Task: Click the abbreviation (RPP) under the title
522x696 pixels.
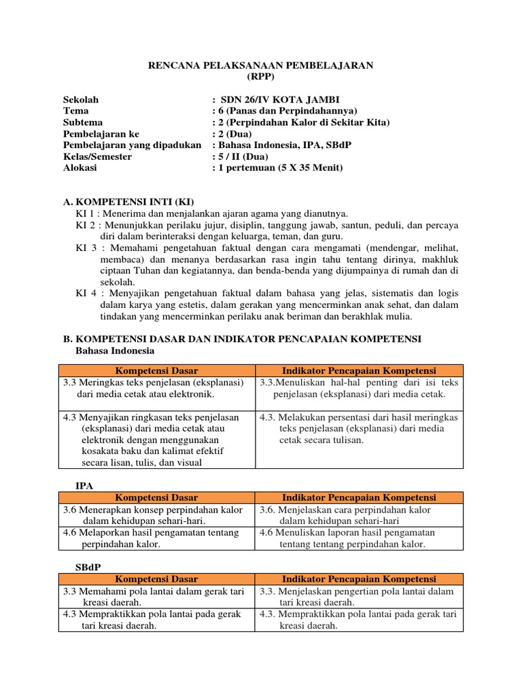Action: pos(261,76)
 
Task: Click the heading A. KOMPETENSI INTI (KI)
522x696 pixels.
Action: pos(129,202)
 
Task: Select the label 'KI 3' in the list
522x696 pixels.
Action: pos(86,248)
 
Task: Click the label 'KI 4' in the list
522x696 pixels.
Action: pos(86,294)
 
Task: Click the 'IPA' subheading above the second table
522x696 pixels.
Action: pos(84,485)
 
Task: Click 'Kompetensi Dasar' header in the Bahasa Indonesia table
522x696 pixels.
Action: pos(156,370)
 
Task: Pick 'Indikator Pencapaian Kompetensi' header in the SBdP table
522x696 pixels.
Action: pos(359,579)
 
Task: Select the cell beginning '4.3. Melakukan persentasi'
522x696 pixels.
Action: pos(358,428)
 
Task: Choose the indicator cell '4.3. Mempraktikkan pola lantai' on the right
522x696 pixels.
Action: pos(358,620)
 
